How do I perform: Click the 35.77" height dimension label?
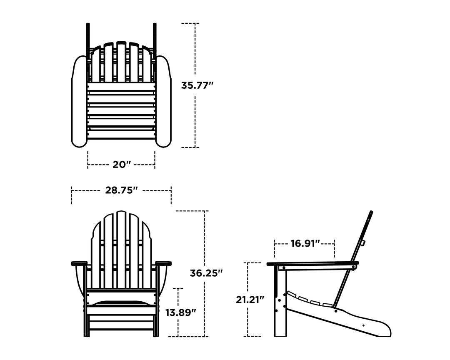pos(197,85)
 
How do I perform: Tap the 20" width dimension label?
pos(121,165)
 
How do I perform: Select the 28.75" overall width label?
pos(121,190)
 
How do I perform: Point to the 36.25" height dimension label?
pos(206,273)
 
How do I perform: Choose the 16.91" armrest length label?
pos(305,243)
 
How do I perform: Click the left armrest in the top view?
pos(79,100)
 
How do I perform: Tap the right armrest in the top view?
pos(163,100)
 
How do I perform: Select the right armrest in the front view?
pos(163,263)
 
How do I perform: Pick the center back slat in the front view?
pos(121,250)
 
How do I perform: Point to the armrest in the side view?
pos(312,264)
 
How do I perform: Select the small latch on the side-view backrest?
pos(362,242)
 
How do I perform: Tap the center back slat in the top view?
pos(121,62)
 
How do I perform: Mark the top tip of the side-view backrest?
pos(371,212)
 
